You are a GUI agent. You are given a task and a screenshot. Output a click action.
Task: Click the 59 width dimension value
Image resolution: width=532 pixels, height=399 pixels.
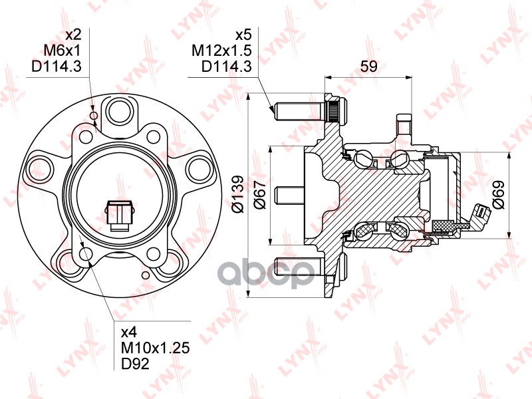point(368,66)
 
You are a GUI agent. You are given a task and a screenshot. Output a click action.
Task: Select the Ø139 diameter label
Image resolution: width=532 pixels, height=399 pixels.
point(239,194)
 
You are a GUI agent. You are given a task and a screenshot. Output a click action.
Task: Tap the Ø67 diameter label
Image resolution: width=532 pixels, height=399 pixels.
point(261,194)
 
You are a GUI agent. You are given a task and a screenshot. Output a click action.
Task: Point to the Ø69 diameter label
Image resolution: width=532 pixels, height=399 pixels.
point(499,194)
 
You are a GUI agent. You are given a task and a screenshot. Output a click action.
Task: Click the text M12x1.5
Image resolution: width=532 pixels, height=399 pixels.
point(221,51)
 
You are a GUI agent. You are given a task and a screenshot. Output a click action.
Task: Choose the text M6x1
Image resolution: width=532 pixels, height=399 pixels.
point(62,51)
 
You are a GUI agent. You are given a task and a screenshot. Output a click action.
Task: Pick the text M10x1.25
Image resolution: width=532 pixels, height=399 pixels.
point(156,348)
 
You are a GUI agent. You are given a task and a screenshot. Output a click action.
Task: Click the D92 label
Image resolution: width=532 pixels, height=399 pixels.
point(135,364)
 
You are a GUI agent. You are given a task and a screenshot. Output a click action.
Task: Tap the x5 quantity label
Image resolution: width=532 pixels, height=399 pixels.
point(243,35)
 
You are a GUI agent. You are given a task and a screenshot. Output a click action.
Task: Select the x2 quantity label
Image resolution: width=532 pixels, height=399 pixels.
point(73,35)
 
